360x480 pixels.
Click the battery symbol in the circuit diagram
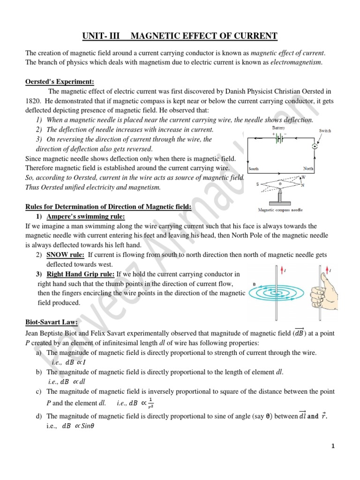coord(279,139)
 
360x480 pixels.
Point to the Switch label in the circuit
coord(325,131)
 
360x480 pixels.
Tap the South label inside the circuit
coord(254,169)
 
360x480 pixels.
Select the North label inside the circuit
coord(308,169)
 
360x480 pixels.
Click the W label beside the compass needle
coord(303,177)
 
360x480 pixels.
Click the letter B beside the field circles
coord(254,284)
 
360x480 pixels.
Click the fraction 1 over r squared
coord(150,402)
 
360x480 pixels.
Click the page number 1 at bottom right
coord(333,446)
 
